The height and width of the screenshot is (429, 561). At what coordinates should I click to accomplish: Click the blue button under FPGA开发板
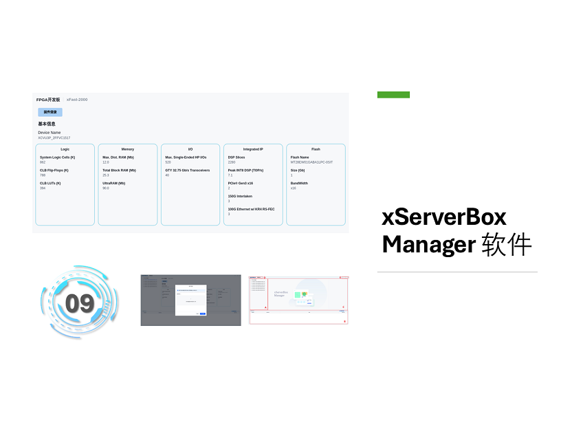tap(50, 112)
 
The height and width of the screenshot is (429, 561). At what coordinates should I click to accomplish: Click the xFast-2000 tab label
tap(77, 100)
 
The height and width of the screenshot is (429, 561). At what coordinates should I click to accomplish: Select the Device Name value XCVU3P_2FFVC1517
tap(54, 137)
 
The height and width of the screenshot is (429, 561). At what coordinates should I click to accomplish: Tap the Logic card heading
tap(65, 149)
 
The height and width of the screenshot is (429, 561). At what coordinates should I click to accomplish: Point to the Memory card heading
tap(128, 149)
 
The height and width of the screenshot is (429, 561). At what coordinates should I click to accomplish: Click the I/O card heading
tap(190, 149)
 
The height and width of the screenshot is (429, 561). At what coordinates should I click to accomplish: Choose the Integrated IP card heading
tap(253, 149)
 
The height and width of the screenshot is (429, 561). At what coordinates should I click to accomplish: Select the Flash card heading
tap(316, 149)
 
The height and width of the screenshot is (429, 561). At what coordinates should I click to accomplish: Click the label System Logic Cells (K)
tap(57, 157)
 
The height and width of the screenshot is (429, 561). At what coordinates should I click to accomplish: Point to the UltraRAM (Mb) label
tap(114, 184)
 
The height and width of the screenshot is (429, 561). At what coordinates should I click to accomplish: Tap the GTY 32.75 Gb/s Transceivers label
tap(187, 170)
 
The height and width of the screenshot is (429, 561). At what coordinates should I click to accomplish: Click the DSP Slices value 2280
tap(232, 162)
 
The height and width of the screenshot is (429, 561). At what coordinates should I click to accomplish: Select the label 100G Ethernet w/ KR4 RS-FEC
tap(251, 209)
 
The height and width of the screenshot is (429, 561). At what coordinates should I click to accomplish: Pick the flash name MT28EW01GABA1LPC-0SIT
tap(311, 162)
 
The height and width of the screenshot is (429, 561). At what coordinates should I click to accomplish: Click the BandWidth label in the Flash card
tap(299, 184)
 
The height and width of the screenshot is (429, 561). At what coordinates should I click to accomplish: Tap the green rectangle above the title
tap(393, 95)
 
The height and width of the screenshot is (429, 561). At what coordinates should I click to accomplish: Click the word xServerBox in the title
tap(444, 217)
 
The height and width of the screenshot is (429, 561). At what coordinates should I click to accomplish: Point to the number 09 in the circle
tap(80, 303)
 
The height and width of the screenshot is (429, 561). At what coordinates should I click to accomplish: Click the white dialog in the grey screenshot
tap(191, 300)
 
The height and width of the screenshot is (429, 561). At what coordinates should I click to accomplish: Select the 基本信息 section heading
tap(47, 124)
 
